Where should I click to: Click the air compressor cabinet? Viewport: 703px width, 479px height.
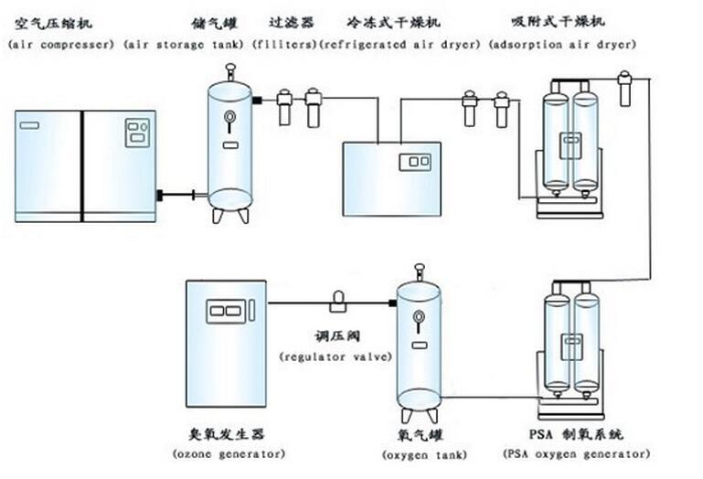click(85, 165)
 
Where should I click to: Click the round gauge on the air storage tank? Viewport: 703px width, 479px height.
click(229, 116)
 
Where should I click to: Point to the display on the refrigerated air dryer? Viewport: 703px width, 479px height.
click(414, 162)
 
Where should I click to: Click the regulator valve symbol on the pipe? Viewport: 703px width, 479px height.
click(337, 300)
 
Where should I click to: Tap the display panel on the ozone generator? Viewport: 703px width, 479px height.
click(227, 311)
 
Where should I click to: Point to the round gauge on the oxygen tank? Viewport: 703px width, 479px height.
click(418, 317)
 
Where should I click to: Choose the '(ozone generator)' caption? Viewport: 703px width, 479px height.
click(229, 453)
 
